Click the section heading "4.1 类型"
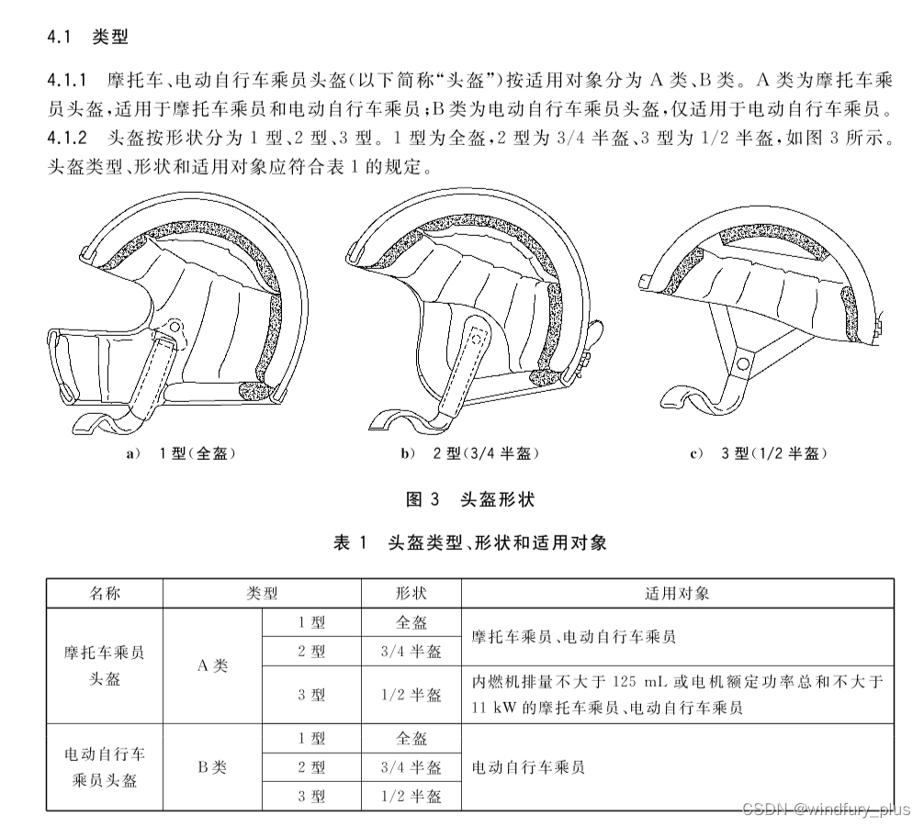pyautogui.click(x=87, y=38)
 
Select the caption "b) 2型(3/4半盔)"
pyautogui.click(x=469, y=453)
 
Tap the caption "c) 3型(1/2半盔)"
pyautogui.click(x=759, y=453)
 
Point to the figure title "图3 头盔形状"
pyautogui.click(x=469, y=499)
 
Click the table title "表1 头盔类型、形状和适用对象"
pyautogui.click(x=469, y=542)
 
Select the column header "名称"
pyautogui.click(x=105, y=593)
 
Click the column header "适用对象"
pyautogui.click(x=677, y=593)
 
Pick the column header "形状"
pyautogui.click(x=411, y=593)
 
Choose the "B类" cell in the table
pyautogui.click(x=212, y=767)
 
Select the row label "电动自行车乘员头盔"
pyautogui.click(x=105, y=767)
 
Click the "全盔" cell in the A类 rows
pyautogui.click(x=411, y=622)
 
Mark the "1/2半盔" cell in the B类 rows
pyautogui.click(x=411, y=796)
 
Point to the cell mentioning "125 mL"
pyautogui.click(x=677, y=695)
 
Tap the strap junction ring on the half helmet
pyautogui.click(x=740, y=364)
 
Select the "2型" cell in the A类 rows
pyautogui.click(x=312, y=652)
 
